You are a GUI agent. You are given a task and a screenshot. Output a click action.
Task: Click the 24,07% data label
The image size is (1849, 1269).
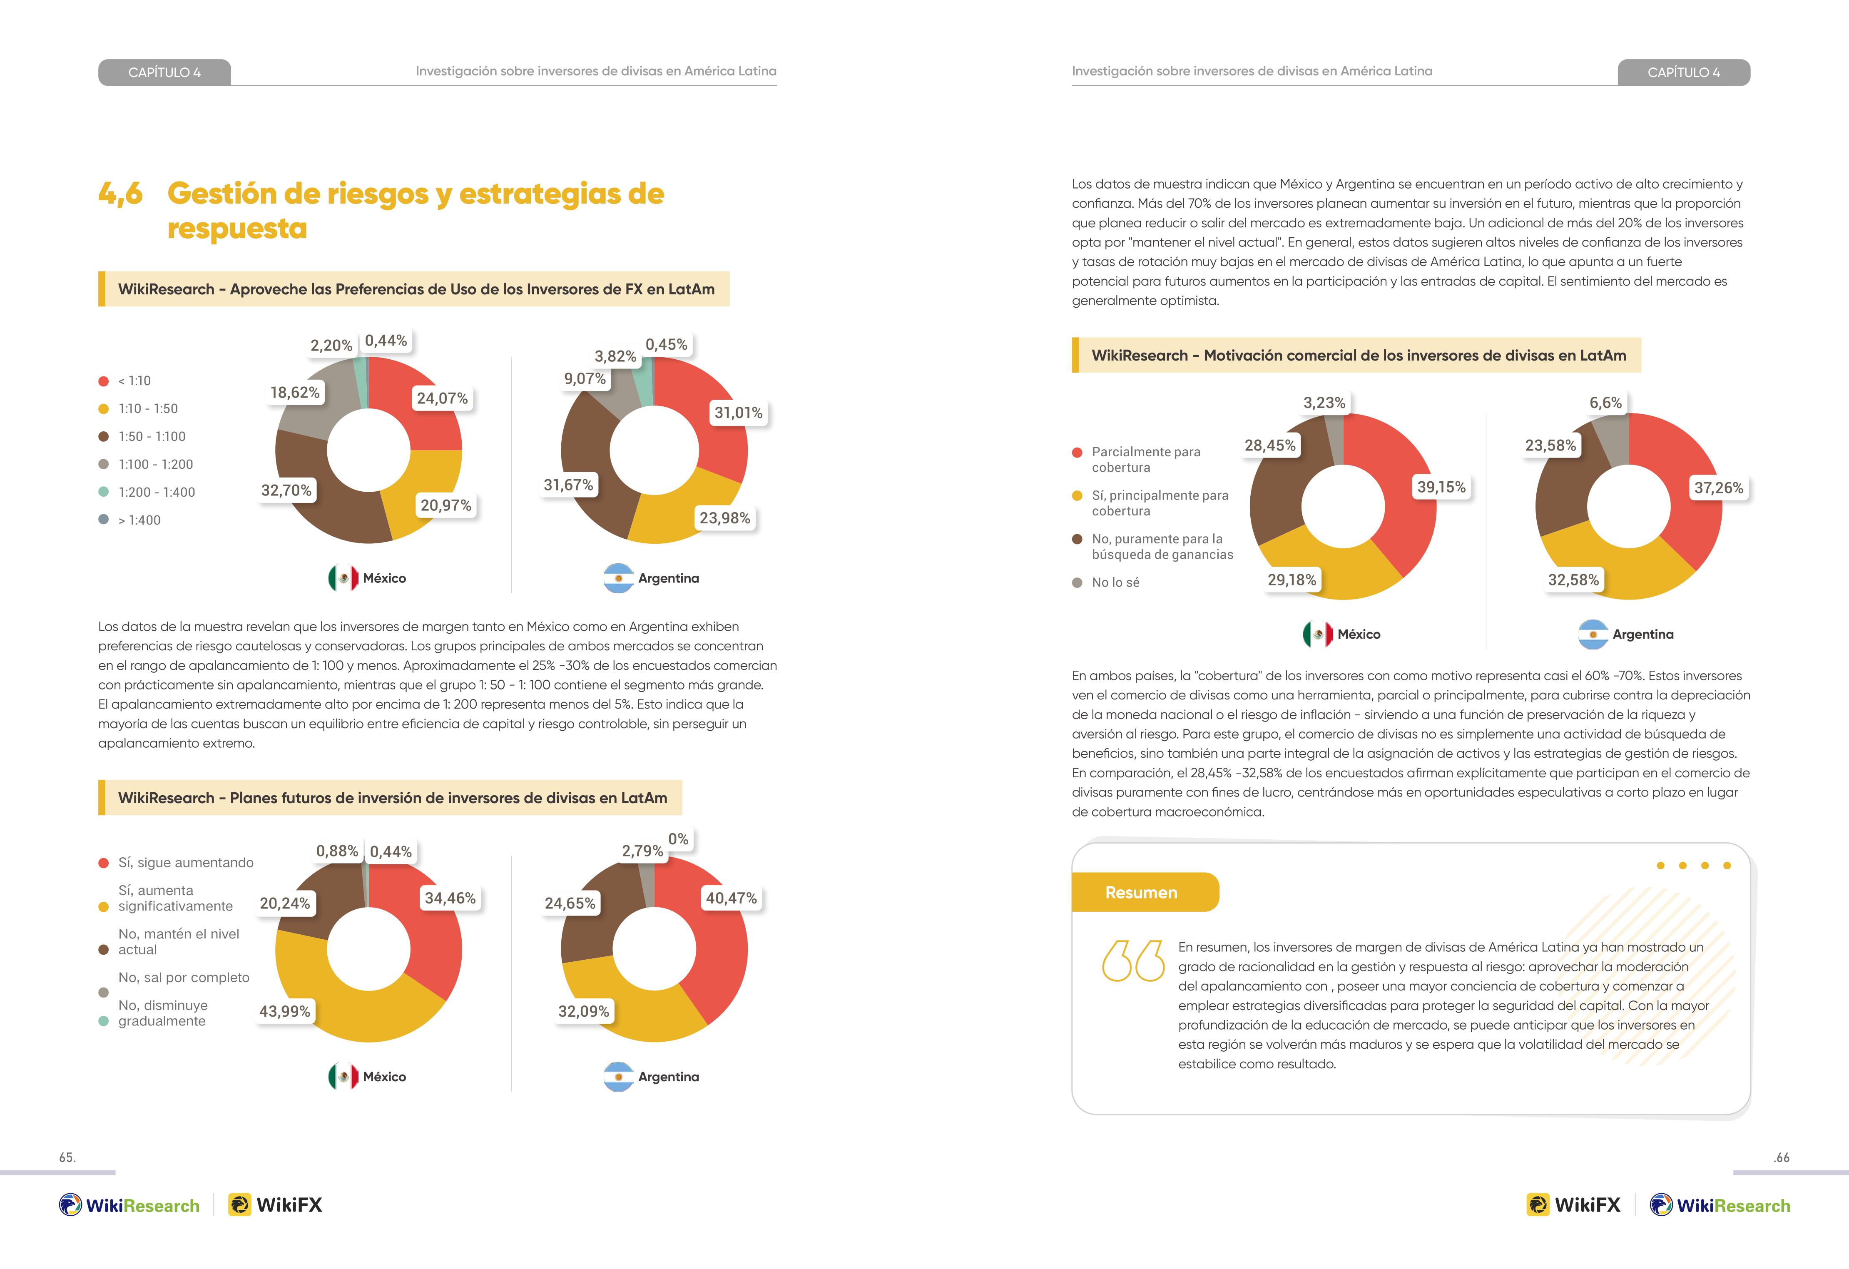(x=442, y=398)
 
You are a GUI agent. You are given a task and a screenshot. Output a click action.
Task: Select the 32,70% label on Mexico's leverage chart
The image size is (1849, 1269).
(x=286, y=490)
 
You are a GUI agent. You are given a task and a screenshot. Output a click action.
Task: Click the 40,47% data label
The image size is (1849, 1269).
(x=731, y=898)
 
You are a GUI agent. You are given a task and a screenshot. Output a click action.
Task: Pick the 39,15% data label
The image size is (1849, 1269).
(x=1441, y=487)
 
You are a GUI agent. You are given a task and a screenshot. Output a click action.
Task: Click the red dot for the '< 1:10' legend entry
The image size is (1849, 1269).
(x=103, y=381)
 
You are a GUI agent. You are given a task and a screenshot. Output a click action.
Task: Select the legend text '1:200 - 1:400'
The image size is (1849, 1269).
(x=157, y=493)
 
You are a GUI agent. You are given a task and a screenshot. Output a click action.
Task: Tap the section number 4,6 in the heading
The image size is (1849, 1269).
(x=120, y=193)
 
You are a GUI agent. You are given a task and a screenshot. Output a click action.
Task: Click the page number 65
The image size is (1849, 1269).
(x=67, y=1157)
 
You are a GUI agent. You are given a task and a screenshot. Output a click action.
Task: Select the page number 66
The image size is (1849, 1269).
(x=1782, y=1157)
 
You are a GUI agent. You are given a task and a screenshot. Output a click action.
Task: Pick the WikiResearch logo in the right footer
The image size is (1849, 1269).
(x=1720, y=1205)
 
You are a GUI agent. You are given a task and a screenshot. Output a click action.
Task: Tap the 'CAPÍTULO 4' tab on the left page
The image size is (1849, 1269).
(x=165, y=72)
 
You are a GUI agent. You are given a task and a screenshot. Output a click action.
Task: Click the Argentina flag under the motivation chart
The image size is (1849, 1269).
(x=1593, y=634)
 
